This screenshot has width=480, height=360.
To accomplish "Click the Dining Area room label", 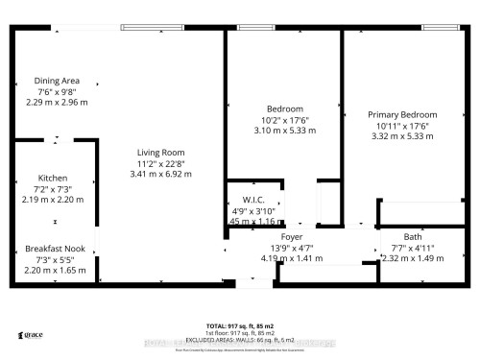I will pyautogui.click(x=57, y=81).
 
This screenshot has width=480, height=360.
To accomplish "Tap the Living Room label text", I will pyautogui.click(x=160, y=153).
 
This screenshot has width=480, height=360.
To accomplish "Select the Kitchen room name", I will pyautogui.click(x=52, y=179).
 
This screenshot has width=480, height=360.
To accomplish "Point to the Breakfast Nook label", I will pyautogui.click(x=57, y=251).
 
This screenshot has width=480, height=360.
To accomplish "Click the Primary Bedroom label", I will pyautogui.click(x=402, y=114).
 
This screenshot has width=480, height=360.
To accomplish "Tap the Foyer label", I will pyautogui.click(x=292, y=236).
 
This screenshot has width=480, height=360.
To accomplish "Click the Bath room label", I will pyautogui.click(x=413, y=236).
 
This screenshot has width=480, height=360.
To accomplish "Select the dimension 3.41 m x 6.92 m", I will pyautogui.click(x=160, y=175).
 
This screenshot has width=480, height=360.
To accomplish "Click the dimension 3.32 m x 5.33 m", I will pyautogui.click(x=402, y=136).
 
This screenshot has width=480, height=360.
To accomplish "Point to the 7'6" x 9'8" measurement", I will pyautogui.click(x=57, y=91).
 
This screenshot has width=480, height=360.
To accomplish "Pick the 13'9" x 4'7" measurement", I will pyautogui.click(x=292, y=247).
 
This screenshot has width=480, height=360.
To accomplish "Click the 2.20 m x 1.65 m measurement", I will pyautogui.click(x=57, y=272).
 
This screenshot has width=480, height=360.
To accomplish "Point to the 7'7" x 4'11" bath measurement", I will pyautogui.click(x=413, y=247).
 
